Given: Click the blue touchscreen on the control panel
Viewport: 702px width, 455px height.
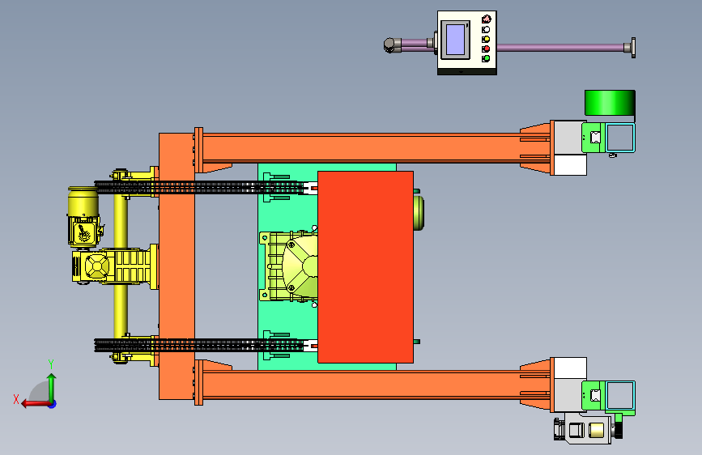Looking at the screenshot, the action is click(x=455, y=40).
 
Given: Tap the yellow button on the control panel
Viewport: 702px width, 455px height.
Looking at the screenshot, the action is click(x=486, y=39).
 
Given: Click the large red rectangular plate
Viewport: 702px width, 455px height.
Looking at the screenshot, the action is click(x=365, y=267).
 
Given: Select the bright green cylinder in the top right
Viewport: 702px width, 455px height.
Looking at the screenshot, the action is click(x=610, y=103).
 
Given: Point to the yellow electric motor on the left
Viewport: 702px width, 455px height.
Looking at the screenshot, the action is click(x=83, y=217).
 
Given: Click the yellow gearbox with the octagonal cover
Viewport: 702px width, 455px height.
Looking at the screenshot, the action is click(x=96, y=266).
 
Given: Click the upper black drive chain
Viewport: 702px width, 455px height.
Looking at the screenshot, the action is click(x=199, y=187).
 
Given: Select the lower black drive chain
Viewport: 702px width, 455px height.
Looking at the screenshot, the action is click(x=199, y=345).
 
